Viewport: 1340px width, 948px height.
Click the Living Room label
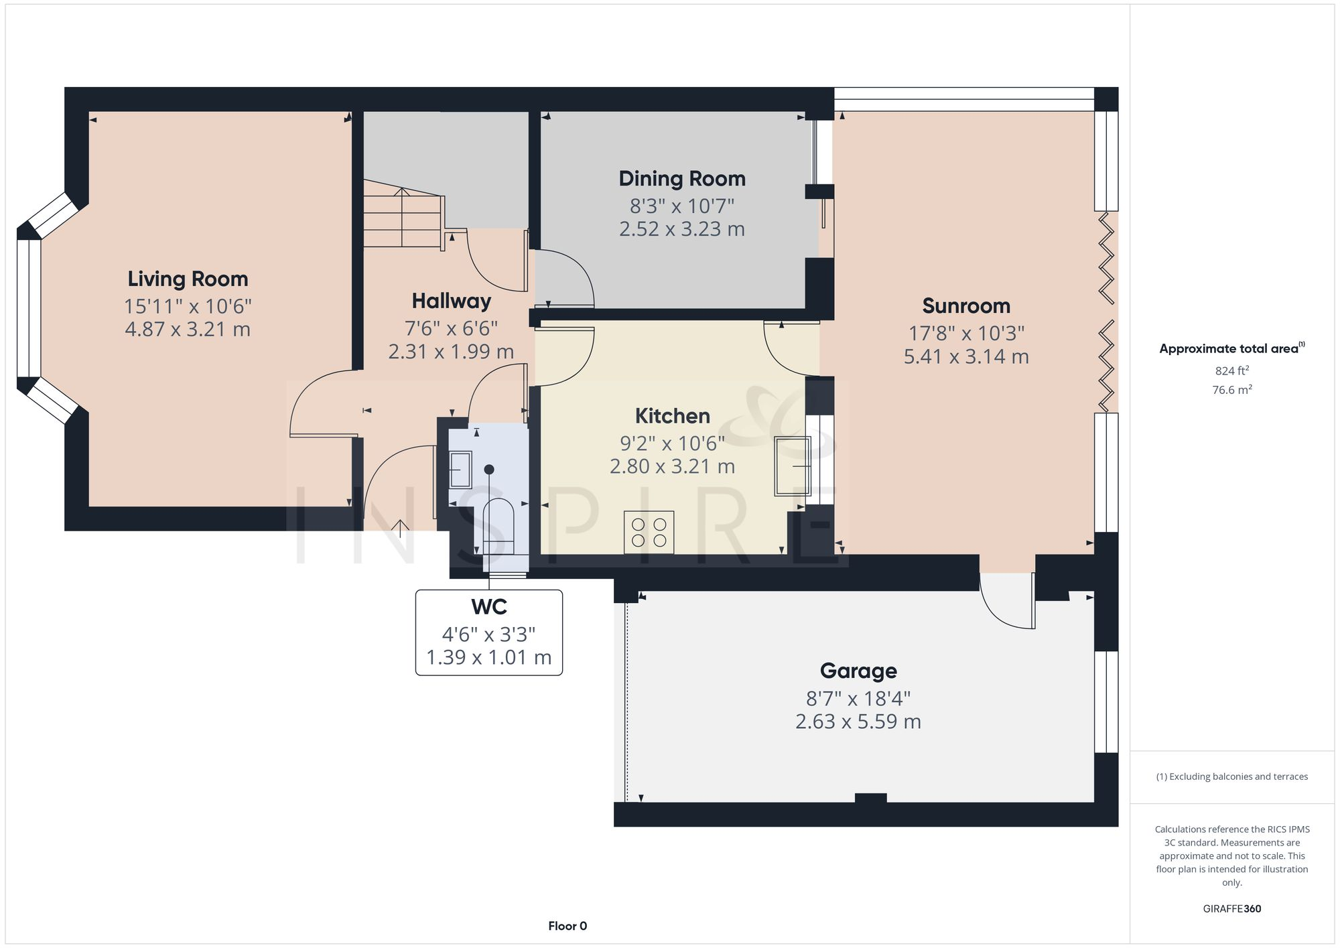tap(188, 279)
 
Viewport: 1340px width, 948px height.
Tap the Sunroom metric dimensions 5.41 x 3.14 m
tap(966, 356)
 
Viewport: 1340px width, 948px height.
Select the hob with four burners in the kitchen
tap(649, 533)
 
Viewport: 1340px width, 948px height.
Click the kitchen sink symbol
tap(793, 466)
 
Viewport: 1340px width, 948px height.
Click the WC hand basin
tap(460, 469)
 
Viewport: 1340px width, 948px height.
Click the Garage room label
tap(858, 671)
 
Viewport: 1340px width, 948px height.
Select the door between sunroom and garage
tap(1007, 601)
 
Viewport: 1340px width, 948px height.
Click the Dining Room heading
tap(681, 178)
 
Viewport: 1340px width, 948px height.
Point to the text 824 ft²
tap(1231, 370)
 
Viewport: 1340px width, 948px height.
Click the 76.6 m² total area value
tap(1231, 390)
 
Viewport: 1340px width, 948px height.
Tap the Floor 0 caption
tap(567, 926)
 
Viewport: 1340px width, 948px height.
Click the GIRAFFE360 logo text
tap(1231, 908)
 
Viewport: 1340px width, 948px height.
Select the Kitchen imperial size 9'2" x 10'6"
tap(672, 443)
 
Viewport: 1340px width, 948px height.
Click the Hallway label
tap(451, 301)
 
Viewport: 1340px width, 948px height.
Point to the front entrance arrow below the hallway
tap(400, 529)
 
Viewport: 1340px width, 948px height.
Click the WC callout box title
tap(488, 606)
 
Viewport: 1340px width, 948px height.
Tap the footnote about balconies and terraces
tap(1231, 776)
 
